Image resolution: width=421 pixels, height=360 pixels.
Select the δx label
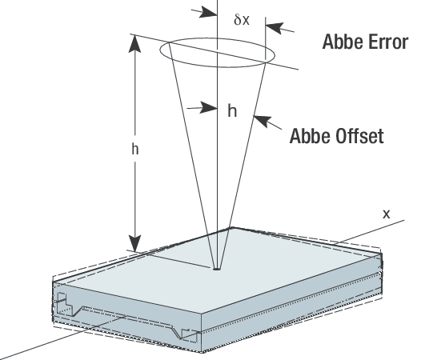[242, 19]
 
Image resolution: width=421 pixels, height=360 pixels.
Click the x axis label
[386, 214]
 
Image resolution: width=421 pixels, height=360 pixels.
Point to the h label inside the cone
[232, 110]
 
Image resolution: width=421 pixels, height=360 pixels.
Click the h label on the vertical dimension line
[135, 149]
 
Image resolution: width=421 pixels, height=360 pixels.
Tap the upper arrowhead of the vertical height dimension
[134, 43]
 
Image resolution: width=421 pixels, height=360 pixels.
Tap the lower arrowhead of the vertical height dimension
[134, 243]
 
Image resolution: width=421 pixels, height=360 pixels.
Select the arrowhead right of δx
[275, 28]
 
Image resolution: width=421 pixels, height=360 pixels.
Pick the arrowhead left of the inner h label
[208, 108]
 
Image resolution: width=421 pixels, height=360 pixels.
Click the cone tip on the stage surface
[217, 268]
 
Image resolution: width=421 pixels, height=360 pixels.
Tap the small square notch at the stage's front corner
[190, 335]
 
